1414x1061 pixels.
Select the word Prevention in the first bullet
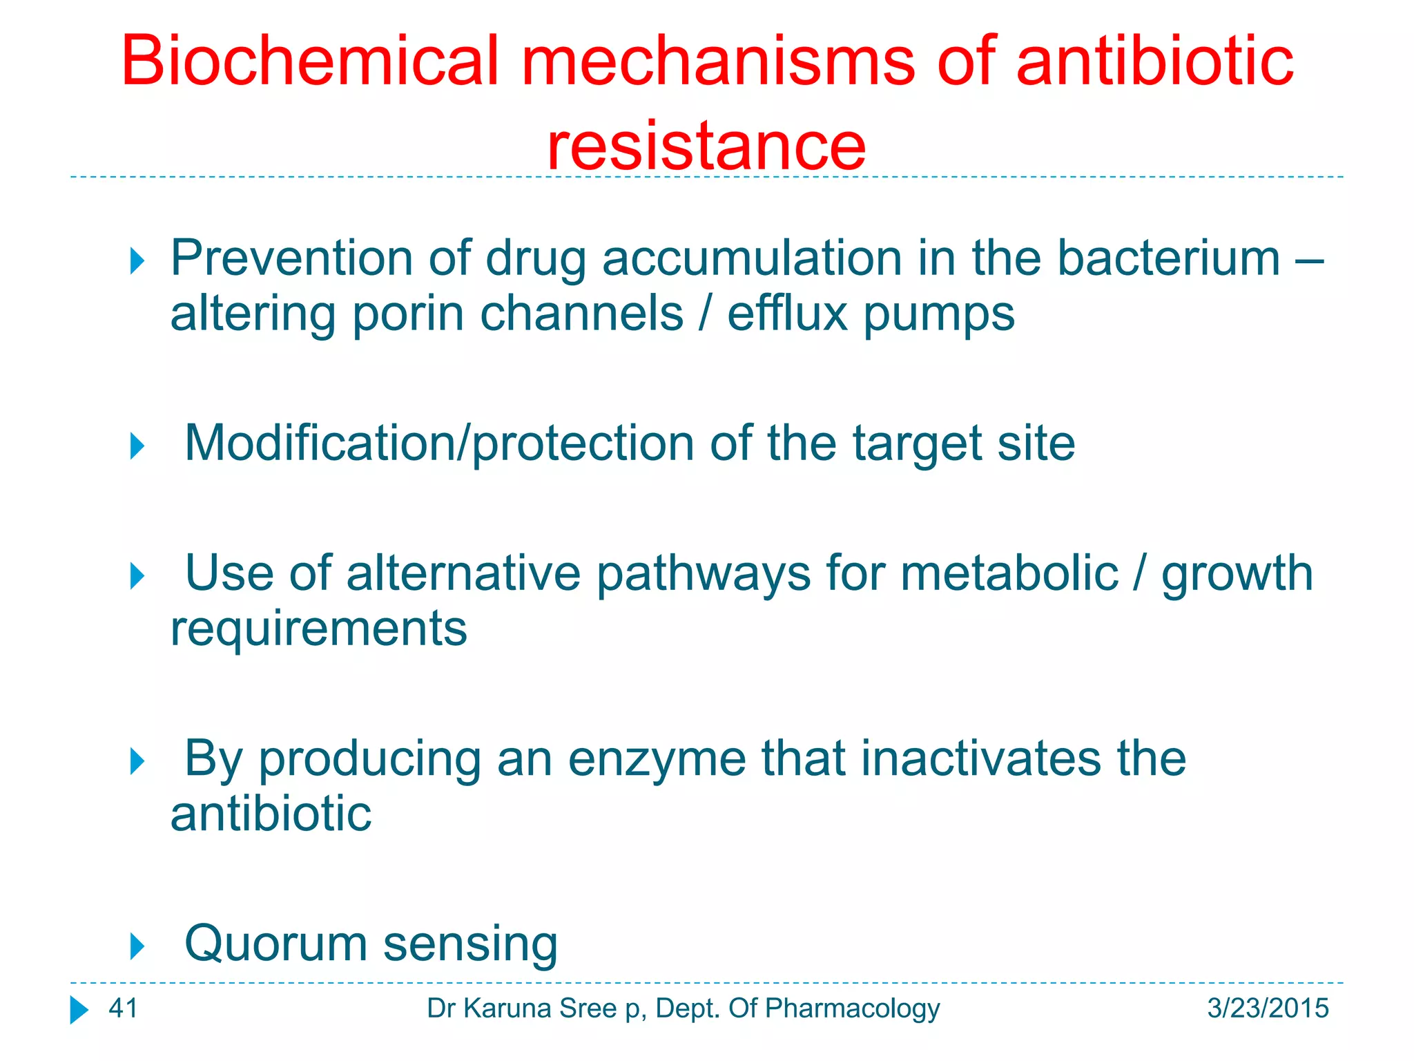point(291,258)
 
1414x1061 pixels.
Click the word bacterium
point(1168,258)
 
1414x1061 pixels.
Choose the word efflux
point(787,314)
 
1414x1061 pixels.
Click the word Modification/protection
point(439,443)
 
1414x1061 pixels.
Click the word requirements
point(318,629)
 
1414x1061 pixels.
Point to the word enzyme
point(657,758)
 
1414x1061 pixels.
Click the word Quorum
point(275,944)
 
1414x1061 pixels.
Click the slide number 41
point(124,1009)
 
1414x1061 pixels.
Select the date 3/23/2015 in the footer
point(1268,1009)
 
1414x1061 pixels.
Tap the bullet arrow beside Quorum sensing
point(137,946)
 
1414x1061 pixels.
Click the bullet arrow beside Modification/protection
point(137,446)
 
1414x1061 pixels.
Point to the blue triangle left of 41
point(79,1010)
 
